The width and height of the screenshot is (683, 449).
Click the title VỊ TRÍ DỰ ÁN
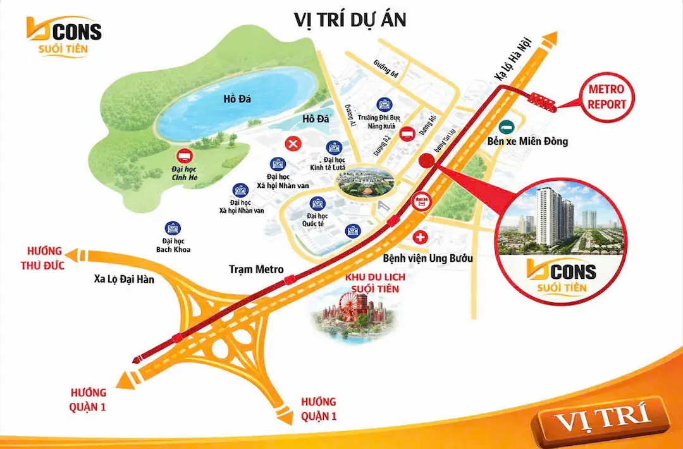350,20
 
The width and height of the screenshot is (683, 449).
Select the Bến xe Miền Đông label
528,141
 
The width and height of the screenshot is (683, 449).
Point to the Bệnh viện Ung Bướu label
428,258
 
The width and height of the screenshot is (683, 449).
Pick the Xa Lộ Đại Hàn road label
124,279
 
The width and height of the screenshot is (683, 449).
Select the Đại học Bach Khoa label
173,245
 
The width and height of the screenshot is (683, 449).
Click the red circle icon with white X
293,144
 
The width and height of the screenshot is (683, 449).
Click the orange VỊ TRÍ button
601,419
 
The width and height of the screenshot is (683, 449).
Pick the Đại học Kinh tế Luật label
334,164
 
